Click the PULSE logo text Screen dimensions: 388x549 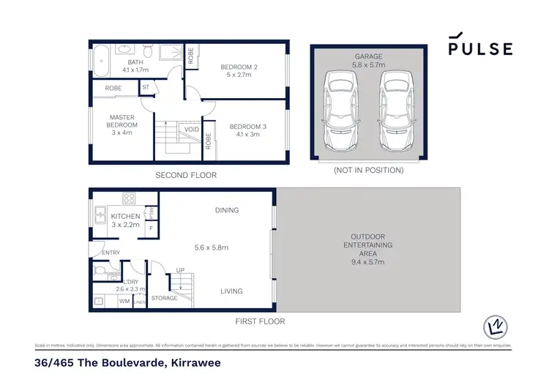click(480, 49)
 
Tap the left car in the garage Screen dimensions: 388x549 click(339, 109)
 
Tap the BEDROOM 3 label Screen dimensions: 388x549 click(247, 126)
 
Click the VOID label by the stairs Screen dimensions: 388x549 click(192, 129)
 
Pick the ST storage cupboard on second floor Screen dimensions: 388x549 click(146, 88)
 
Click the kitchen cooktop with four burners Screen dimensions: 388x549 click(128, 198)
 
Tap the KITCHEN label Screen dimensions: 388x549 click(125, 217)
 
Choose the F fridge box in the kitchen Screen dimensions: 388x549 click(151, 228)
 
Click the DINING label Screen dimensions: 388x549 click(227, 210)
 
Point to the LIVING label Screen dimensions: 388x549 click(231, 291)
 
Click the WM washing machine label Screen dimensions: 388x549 click(124, 300)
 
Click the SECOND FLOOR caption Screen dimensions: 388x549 click(186, 176)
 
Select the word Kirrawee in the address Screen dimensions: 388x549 click(190, 362)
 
